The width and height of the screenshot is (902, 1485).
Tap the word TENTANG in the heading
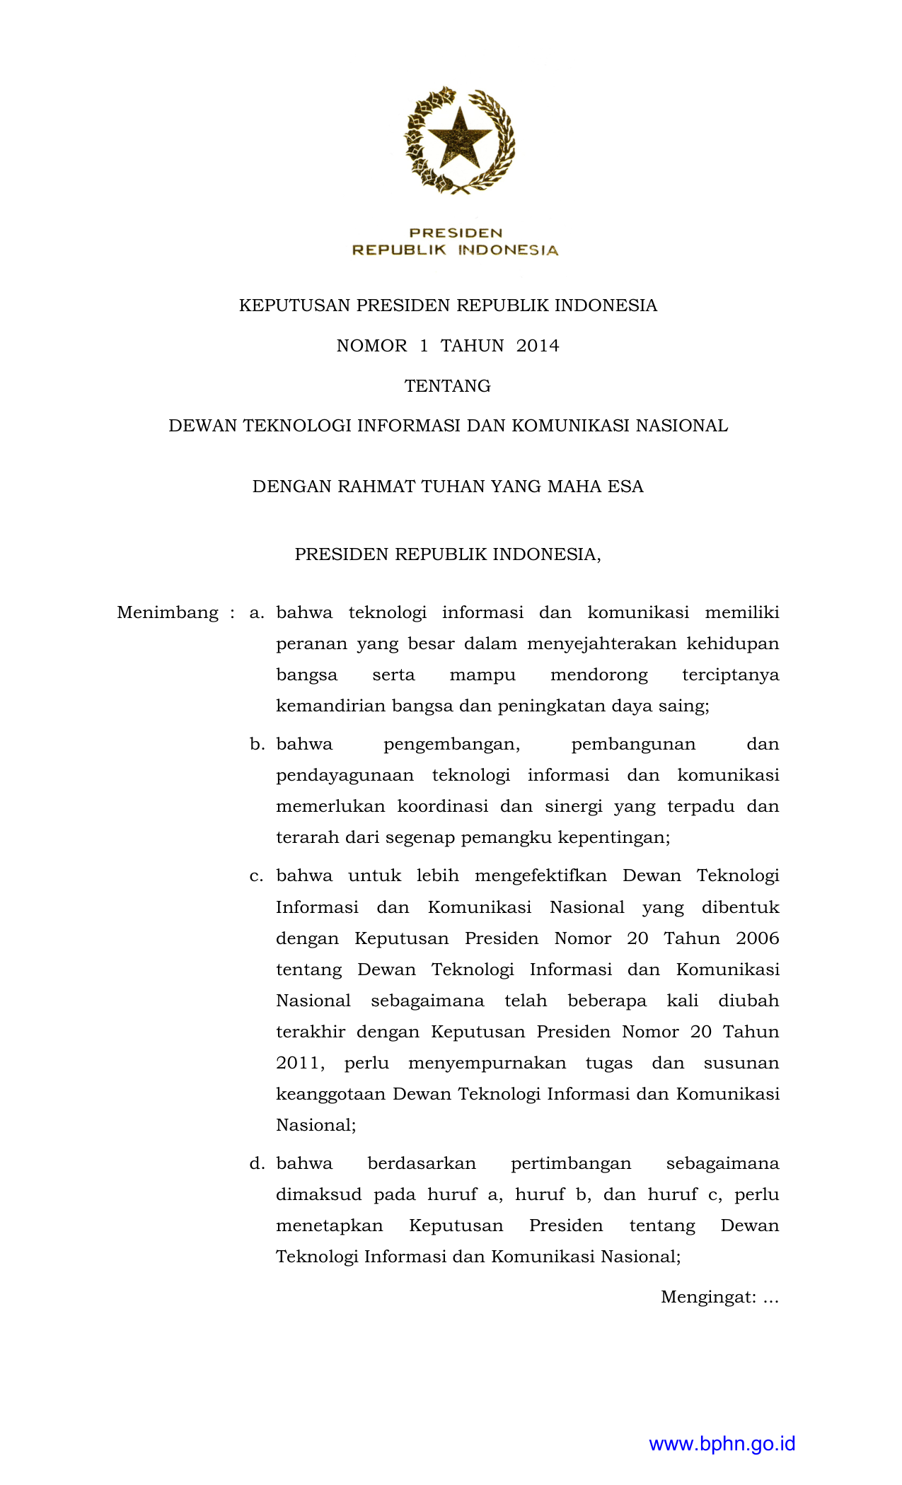447,386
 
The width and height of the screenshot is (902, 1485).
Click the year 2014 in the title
538,346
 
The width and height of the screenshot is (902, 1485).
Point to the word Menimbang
168,612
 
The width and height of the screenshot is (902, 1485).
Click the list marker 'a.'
257,612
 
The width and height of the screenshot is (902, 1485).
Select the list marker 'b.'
257,744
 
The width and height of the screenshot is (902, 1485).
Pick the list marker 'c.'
257,875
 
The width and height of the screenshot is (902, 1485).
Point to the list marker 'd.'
257,1163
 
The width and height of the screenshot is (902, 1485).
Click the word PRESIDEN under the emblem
456,233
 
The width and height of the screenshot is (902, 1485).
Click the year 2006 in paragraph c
757,938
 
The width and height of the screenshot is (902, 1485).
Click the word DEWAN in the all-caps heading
202,426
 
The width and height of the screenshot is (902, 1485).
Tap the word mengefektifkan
540,876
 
